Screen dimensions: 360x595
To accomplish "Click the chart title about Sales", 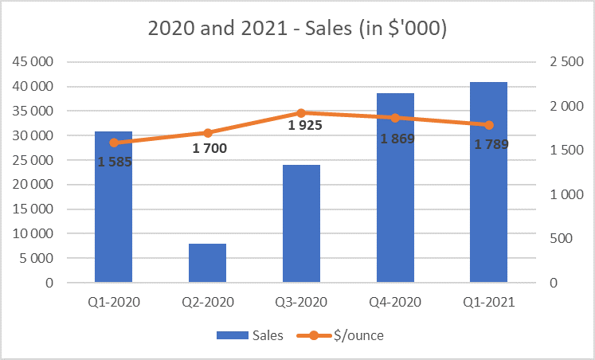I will pyautogui.click(x=297, y=29).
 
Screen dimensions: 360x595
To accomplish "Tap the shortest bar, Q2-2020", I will pyautogui.click(x=207, y=263).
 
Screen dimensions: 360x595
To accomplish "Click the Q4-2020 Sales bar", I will pyautogui.click(x=395, y=191).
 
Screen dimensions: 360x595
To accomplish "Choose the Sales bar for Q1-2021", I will pyautogui.click(x=488, y=183).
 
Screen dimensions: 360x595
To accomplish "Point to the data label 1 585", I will pyautogui.click(x=114, y=162).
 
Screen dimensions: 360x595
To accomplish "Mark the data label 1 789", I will pyautogui.click(x=491, y=144).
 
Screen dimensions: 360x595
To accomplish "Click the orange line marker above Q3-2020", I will pyautogui.click(x=301, y=113).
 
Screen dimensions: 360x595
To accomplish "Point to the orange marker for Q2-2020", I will pyautogui.click(x=207, y=133).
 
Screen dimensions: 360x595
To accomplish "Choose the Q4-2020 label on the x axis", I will pyautogui.click(x=395, y=303).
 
